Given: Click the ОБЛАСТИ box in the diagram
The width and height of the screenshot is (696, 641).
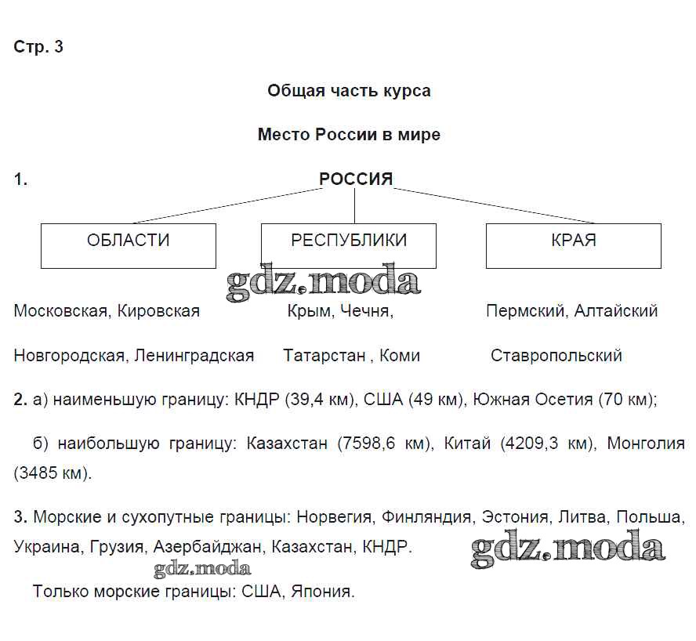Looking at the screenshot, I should coord(129,245).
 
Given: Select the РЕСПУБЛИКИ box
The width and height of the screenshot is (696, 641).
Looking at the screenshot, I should coord(349,245).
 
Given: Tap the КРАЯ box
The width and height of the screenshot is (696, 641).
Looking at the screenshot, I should coord(573,245).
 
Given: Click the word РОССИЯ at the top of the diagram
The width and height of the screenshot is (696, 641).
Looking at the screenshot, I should coord(355,179).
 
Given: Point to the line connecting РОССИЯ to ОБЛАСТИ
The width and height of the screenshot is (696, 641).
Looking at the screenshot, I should coord(227,205).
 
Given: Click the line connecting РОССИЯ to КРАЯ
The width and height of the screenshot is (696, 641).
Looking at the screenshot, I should coord(494,205).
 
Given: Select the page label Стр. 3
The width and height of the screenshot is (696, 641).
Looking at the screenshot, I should coord(38,47).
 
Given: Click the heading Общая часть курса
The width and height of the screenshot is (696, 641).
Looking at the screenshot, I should coord(349,91).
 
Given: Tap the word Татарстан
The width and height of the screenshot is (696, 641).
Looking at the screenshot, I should coord(324,356).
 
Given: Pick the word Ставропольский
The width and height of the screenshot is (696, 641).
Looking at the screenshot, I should coord(556,356).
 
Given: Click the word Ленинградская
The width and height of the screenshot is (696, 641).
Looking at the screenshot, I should coord(194,356).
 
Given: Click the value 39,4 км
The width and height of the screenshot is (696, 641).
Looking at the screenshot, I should coord(321,400).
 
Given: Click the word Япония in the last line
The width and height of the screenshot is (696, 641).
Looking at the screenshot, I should coord(323,592).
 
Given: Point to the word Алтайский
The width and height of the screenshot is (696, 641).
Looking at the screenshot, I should coord(616,311).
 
